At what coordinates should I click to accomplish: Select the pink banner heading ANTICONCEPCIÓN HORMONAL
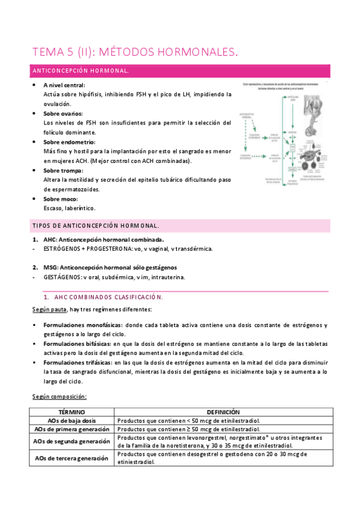[x=80, y=71]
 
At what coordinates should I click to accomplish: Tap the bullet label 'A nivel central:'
[x=64, y=85]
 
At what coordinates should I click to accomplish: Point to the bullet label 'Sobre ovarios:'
[x=63, y=114]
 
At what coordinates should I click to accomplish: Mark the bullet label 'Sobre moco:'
[x=61, y=199]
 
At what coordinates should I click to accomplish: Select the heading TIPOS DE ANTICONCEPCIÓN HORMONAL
[x=95, y=226]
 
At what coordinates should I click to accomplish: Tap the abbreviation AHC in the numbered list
[x=50, y=239]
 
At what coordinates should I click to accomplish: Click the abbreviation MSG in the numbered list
[x=51, y=267]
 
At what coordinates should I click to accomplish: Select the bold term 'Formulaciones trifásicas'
[x=78, y=363]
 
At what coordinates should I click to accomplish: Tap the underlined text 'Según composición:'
[x=59, y=396]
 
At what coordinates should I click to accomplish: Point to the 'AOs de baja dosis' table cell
[x=72, y=420]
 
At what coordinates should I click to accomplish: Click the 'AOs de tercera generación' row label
[x=72, y=458]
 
